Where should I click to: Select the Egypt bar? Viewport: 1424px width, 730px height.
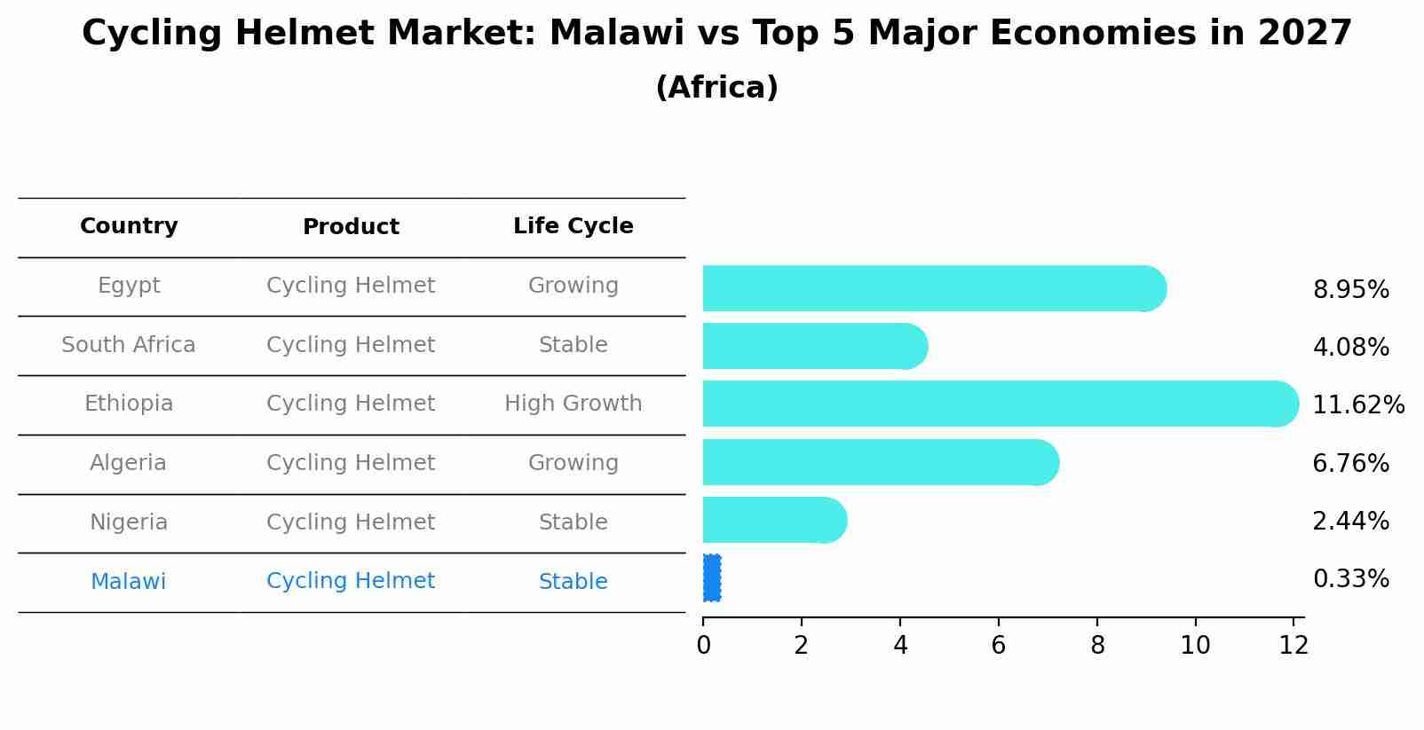tap(932, 288)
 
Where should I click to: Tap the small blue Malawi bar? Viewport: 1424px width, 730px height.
tap(712, 578)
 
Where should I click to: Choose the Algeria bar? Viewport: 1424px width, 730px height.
tap(879, 462)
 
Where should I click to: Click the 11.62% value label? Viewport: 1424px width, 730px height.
tap(1358, 405)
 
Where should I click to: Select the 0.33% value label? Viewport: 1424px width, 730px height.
tap(1350, 579)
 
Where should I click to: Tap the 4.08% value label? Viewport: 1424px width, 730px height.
tap(1350, 347)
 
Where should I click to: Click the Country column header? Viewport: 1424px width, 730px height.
tap(129, 226)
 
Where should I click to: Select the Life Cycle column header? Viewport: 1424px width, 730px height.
tap(573, 226)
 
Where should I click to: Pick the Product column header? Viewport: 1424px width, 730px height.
tap(351, 227)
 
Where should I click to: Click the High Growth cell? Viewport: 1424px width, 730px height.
tap(573, 404)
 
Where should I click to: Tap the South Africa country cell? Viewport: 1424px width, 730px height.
tap(129, 345)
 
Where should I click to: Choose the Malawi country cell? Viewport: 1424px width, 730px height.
tap(129, 582)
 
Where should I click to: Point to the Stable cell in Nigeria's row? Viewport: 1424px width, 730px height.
tap(573, 522)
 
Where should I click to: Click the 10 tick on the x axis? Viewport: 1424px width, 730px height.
tap(1195, 646)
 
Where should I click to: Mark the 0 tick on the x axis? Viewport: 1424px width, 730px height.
tap(703, 646)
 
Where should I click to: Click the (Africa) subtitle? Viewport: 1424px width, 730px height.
tap(716, 88)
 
